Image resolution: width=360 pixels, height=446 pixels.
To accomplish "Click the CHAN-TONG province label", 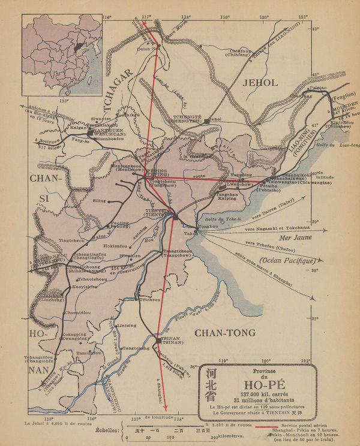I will click(x=226, y=332).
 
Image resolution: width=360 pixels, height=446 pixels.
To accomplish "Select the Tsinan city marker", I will click(x=159, y=337).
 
